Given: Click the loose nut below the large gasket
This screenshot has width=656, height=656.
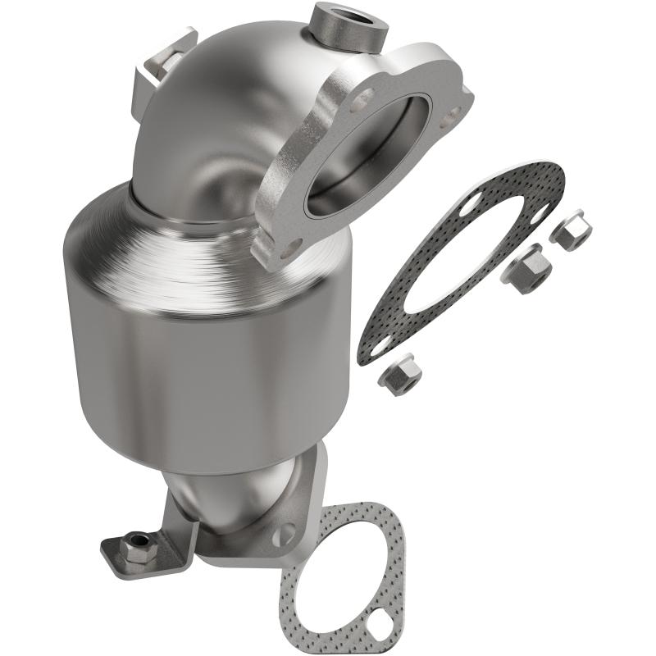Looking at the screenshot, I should coord(401,375).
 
